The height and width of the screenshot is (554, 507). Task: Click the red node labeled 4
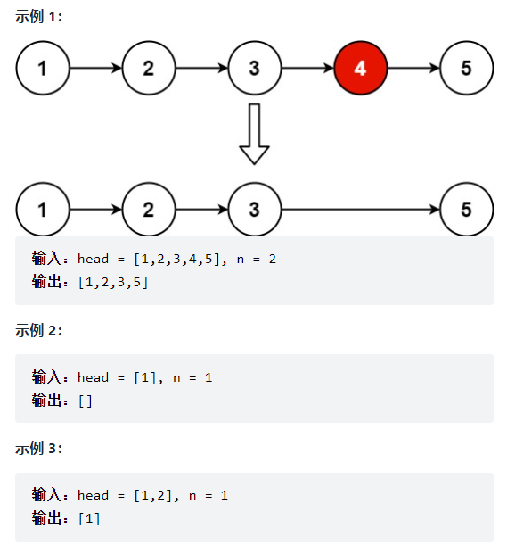point(360,68)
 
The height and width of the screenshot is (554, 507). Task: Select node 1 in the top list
point(43,68)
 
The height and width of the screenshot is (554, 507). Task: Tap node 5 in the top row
point(466,68)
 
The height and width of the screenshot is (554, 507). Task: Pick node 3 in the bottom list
point(254,210)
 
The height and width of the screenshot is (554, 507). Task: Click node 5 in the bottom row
point(466,210)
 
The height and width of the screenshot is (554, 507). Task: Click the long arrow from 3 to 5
point(361,210)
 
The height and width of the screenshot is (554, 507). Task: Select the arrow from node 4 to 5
point(413,68)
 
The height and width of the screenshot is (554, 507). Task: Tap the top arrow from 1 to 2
point(95,68)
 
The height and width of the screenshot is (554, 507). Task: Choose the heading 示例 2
point(39,330)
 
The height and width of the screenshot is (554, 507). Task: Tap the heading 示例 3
point(39,448)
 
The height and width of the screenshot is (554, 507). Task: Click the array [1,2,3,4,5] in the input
point(177,259)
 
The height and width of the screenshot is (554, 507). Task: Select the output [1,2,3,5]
point(113,282)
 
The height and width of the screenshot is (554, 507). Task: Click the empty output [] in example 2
point(86,401)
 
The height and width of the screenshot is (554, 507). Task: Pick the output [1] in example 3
point(89,518)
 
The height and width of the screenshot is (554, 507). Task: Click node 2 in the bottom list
point(148,210)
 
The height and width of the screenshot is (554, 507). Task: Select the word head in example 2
point(93,377)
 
